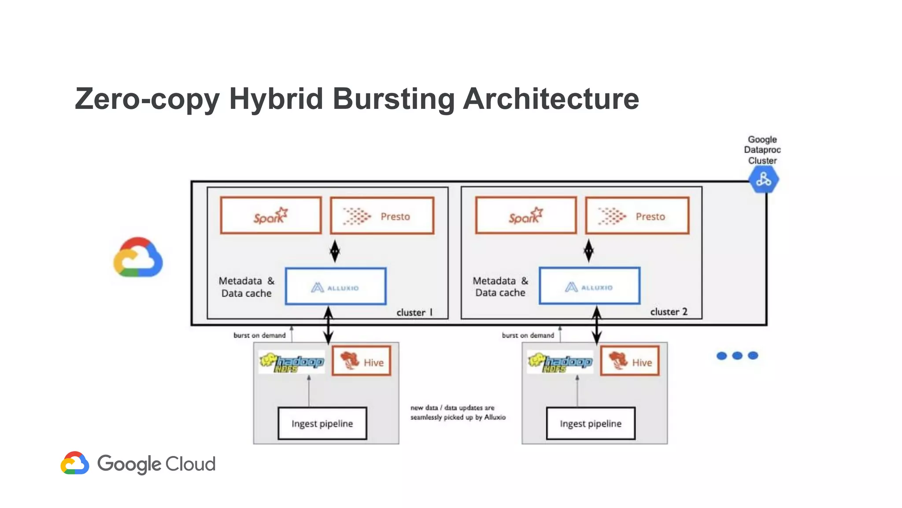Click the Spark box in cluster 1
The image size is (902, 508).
[270, 216]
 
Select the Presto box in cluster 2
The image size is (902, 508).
[637, 216]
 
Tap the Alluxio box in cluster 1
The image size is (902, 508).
[336, 286]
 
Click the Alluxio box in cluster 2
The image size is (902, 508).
[589, 286]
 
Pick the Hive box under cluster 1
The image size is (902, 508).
[361, 361]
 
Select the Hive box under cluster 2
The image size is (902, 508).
[630, 361]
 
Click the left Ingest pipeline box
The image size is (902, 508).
[322, 423]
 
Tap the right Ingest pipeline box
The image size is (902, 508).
[591, 423]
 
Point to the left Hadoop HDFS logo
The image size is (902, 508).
[292, 362]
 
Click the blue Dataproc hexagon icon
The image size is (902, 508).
[763, 180]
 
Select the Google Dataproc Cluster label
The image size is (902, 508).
[762, 150]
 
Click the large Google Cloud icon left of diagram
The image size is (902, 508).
[138, 258]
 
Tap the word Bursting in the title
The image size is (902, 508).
[393, 99]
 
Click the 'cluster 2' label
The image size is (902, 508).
[669, 312]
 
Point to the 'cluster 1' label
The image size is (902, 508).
[414, 313]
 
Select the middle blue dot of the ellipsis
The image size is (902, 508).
[737, 355]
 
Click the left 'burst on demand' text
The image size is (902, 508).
[259, 335]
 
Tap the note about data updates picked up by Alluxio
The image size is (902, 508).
[458, 412]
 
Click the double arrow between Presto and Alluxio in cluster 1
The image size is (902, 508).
[335, 251]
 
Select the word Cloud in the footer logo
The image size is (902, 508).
[190, 464]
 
